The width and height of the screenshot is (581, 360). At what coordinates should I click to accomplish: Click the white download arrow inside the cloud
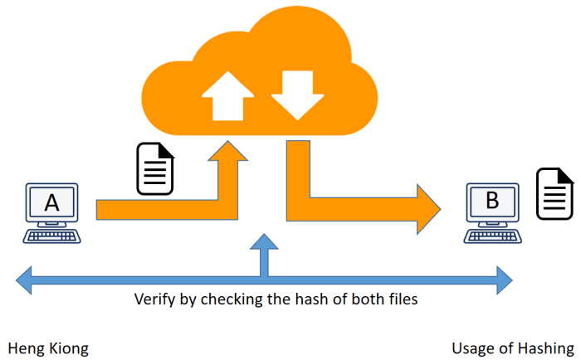click(294, 93)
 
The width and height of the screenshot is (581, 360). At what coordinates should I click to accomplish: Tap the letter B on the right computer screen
click(491, 200)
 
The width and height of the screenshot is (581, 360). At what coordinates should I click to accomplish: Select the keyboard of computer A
click(52, 236)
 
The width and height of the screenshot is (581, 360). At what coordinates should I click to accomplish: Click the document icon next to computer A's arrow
click(155, 168)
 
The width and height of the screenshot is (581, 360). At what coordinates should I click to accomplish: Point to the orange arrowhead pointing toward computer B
click(427, 210)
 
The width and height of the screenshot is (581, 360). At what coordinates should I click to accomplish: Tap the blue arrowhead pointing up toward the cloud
click(264, 244)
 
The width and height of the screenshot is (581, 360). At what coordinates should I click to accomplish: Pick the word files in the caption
click(400, 299)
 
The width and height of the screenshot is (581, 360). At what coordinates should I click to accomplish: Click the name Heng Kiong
click(47, 348)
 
